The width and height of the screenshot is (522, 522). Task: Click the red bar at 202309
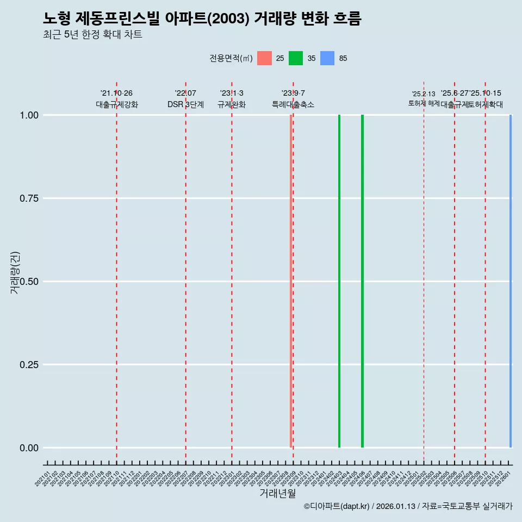(x=291, y=281)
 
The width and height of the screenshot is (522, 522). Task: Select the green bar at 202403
(x=339, y=281)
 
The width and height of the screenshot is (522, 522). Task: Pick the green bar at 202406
(x=362, y=281)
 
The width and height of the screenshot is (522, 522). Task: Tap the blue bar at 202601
(x=511, y=281)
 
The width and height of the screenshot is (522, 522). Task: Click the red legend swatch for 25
(x=264, y=58)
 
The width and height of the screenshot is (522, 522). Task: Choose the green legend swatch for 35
(x=296, y=58)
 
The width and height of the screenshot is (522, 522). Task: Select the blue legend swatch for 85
(x=327, y=58)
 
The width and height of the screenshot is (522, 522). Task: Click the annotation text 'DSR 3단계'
(x=185, y=105)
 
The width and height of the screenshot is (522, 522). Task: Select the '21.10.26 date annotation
(x=116, y=94)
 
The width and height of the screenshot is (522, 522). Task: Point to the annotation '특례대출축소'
(x=293, y=105)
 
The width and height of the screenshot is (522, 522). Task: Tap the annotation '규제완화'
(x=232, y=105)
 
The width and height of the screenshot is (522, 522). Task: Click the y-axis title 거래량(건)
(x=15, y=273)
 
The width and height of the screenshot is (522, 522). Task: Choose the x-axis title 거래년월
(x=277, y=494)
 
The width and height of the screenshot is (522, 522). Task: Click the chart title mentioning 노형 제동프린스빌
(x=202, y=19)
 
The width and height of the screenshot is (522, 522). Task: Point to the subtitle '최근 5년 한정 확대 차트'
(x=92, y=35)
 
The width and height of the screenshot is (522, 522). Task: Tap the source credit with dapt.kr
(x=408, y=507)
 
